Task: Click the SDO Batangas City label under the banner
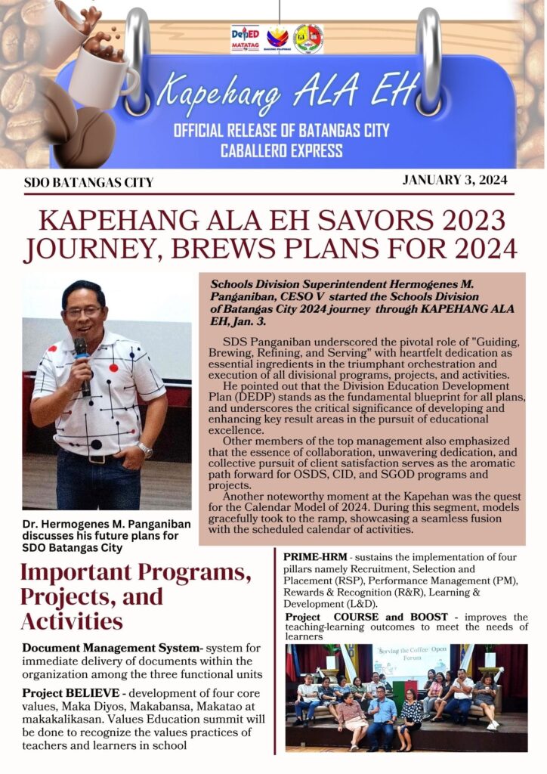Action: [88, 182]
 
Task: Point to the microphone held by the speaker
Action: [82, 362]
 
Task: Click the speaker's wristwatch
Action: [145, 450]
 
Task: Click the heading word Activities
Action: [72, 621]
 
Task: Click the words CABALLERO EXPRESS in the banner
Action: [281, 150]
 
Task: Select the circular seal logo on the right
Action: [308, 39]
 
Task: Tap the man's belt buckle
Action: [96, 458]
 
